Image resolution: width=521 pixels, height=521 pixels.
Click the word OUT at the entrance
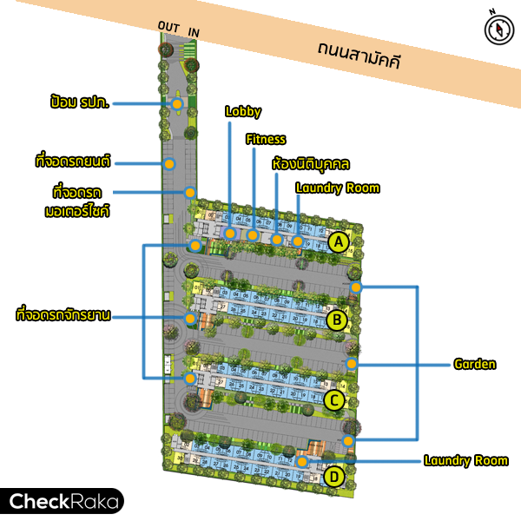(x=168, y=25)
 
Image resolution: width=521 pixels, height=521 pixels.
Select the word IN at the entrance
(x=194, y=33)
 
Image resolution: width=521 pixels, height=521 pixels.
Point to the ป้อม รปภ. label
(x=81, y=103)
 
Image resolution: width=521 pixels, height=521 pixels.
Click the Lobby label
(x=243, y=111)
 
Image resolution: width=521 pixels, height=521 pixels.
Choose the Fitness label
(x=266, y=139)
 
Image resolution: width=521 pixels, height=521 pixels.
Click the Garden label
(x=475, y=364)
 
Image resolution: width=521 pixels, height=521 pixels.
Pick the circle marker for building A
(x=339, y=242)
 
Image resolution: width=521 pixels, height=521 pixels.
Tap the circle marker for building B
(x=337, y=320)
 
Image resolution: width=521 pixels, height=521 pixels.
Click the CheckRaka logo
(x=62, y=501)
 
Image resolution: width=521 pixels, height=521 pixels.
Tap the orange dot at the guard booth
(x=177, y=104)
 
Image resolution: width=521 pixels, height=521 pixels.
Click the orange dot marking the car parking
(x=170, y=163)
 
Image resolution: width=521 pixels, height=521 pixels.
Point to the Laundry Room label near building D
(x=466, y=460)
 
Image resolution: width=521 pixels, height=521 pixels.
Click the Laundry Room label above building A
(x=338, y=188)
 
